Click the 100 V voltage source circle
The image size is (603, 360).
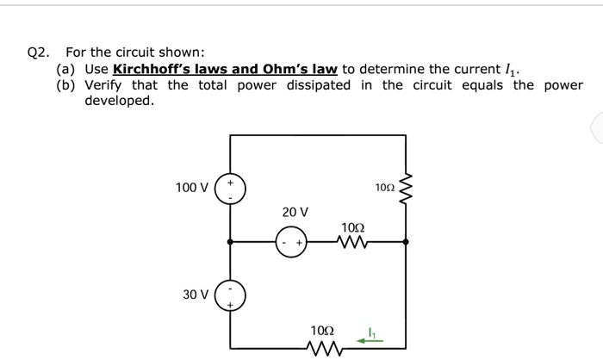tap(230, 188)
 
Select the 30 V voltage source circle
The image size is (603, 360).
tap(230, 295)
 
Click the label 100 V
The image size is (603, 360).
tap(191, 188)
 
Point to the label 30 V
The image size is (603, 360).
tap(196, 295)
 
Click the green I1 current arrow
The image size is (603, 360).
tap(371, 340)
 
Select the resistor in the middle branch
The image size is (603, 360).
tap(352, 243)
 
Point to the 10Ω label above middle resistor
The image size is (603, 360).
tap(352, 227)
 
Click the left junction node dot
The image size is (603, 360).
tap(230, 243)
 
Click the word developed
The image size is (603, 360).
tap(119, 102)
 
